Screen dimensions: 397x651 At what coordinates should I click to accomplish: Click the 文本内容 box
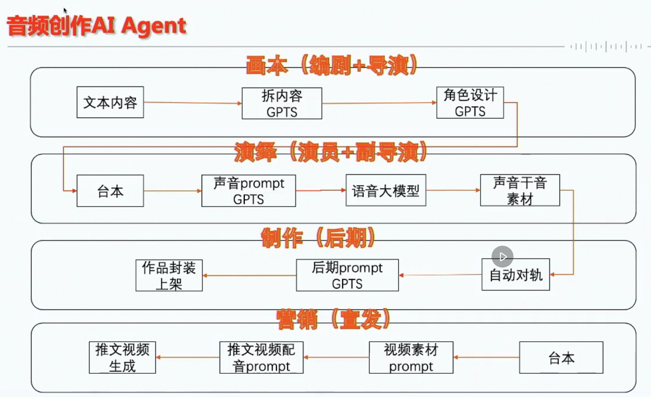pyautogui.click(x=110, y=102)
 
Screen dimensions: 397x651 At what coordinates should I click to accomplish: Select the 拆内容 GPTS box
pyautogui.click(x=282, y=104)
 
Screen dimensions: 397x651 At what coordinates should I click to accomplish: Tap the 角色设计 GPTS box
pyautogui.click(x=470, y=103)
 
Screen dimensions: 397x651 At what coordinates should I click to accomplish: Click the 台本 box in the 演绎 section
pyautogui.click(x=110, y=191)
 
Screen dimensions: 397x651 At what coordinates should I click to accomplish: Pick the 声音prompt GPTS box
pyautogui.click(x=249, y=191)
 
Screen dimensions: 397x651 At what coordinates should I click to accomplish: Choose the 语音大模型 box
pyautogui.click(x=386, y=190)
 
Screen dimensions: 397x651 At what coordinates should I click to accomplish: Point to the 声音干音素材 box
pyautogui.click(x=520, y=190)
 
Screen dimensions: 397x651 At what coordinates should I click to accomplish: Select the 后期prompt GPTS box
pyautogui.click(x=347, y=275)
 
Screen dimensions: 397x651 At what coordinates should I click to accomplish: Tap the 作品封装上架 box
pyautogui.click(x=169, y=275)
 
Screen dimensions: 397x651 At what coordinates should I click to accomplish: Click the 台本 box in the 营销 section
pyautogui.click(x=561, y=358)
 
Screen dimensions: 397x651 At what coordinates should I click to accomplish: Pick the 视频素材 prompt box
pyautogui.click(x=411, y=358)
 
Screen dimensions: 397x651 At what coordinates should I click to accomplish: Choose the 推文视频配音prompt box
pyautogui.click(x=261, y=358)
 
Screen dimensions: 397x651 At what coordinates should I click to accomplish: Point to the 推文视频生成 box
pyautogui.click(x=122, y=358)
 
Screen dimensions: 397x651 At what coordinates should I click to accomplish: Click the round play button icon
pyautogui.click(x=503, y=257)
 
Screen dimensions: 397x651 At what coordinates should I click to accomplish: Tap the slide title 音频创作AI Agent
pyautogui.click(x=97, y=25)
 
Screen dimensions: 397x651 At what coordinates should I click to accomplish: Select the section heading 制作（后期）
pyautogui.click(x=318, y=238)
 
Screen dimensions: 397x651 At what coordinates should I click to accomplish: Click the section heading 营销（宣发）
pyautogui.click(x=333, y=319)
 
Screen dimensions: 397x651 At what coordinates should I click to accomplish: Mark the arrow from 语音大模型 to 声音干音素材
pyautogui.click(x=453, y=190)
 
